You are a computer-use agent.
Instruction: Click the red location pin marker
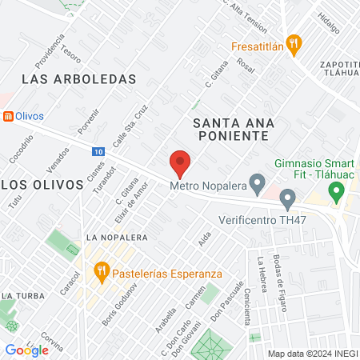point(180,163)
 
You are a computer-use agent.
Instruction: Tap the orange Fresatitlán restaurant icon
point(294,46)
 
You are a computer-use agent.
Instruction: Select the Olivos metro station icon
point(8,115)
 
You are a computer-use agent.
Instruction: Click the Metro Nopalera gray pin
point(257,185)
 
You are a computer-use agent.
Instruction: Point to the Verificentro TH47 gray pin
point(288,199)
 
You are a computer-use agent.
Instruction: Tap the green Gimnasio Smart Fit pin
point(337,192)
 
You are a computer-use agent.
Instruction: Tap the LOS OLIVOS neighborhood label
point(42,184)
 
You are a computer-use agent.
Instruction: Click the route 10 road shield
point(97,151)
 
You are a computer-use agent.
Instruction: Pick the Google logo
point(26,350)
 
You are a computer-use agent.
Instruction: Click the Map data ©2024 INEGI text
point(311,353)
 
